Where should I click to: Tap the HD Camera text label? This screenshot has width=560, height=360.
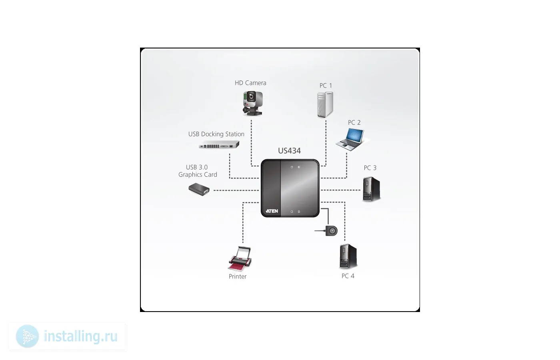click(x=250, y=83)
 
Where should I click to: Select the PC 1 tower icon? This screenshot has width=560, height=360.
click(x=325, y=104)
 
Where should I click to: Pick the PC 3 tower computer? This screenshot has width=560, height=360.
click(x=371, y=189)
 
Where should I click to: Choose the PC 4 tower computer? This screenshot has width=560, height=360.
click(x=348, y=256)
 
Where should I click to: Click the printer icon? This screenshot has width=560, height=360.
click(x=240, y=259)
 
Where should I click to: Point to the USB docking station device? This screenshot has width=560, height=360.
click(x=219, y=145)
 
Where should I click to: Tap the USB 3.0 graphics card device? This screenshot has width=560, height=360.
click(x=199, y=189)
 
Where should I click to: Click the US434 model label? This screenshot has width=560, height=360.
click(x=289, y=151)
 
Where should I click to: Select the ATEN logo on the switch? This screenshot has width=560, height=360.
click(x=272, y=211)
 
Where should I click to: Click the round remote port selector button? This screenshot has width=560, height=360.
click(x=332, y=231)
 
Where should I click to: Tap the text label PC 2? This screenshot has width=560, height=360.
click(x=354, y=122)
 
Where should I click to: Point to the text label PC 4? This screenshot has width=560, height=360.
click(x=348, y=276)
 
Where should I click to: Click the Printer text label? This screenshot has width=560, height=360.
click(x=238, y=276)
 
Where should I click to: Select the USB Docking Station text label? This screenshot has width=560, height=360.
click(x=216, y=134)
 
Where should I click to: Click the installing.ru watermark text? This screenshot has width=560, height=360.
click(x=80, y=336)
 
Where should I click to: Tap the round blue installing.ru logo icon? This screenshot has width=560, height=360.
click(x=27, y=336)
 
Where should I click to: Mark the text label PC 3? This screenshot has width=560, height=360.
click(x=370, y=168)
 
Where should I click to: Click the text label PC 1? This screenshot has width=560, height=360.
click(x=326, y=86)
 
